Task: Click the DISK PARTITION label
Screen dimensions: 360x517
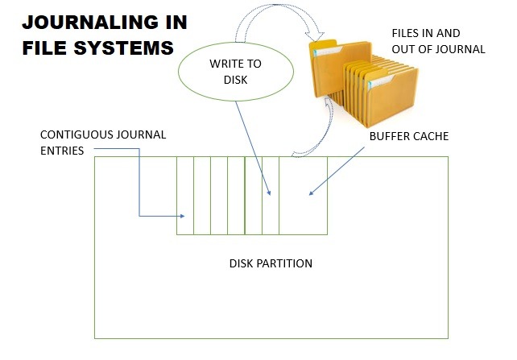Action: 271,263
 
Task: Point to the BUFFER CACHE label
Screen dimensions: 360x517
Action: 408,136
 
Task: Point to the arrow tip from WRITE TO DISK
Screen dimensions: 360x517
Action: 269,192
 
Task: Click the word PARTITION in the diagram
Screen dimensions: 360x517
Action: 291,263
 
